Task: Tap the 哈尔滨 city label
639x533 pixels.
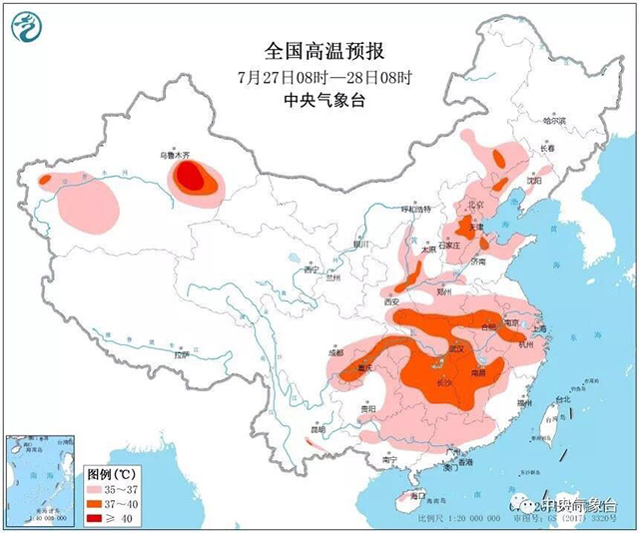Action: coord(554,121)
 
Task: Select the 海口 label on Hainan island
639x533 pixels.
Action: coord(416,495)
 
